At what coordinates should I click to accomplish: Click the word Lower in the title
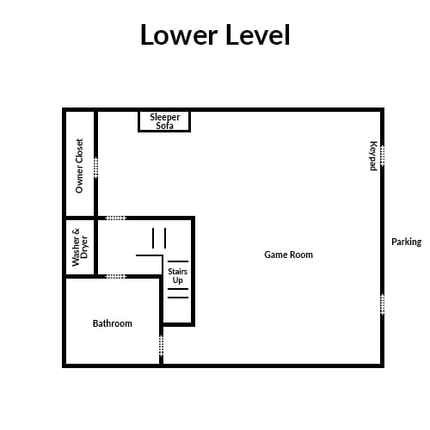(179, 34)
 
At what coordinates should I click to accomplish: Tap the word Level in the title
(258, 34)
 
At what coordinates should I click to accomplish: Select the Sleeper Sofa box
(164, 121)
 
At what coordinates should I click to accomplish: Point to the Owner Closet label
(79, 166)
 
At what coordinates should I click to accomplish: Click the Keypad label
(373, 156)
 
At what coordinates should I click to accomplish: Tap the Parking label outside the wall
(407, 242)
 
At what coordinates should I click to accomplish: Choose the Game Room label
(288, 255)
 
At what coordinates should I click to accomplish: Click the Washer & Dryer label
(80, 247)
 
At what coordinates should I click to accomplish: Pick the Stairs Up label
(178, 276)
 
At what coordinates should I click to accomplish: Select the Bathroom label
(113, 323)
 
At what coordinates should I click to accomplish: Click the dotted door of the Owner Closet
(96, 168)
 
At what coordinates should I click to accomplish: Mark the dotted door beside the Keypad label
(382, 156)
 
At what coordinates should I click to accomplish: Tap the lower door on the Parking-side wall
(382, 304)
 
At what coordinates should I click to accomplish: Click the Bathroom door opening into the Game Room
(161, 346)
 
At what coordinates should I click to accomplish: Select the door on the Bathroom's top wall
(116, 277)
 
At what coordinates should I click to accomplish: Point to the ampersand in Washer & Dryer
(76, 231)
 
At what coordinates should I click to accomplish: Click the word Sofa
(164, 126)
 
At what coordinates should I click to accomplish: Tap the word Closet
(79, 153)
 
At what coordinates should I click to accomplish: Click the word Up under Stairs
(178, 280)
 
